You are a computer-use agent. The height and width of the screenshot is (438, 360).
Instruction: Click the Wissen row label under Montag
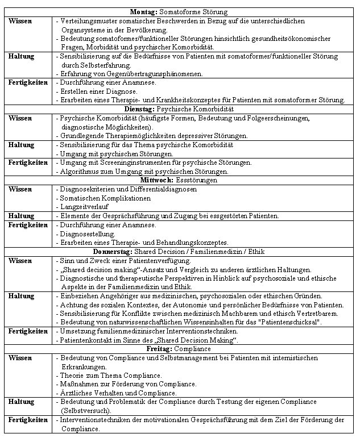click(20, 20)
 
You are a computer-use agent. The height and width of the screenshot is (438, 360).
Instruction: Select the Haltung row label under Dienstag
click(21, 145)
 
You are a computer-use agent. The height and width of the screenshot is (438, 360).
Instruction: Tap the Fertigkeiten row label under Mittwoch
click(28, 225)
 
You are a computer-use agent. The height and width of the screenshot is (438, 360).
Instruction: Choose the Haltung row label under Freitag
click(21, 402)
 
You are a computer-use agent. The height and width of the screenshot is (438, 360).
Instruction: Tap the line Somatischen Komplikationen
click(105, 198)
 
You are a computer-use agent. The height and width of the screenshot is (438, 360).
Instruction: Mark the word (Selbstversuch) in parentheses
click(88, 410)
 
